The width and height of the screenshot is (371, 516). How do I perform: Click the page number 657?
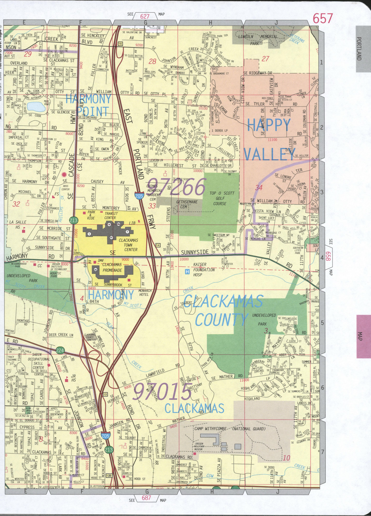point(322,19)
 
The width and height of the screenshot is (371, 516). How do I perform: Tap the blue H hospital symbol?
point(187,271)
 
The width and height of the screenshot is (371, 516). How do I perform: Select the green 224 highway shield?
point(60,350)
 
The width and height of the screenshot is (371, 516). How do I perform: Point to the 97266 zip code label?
point(177,187)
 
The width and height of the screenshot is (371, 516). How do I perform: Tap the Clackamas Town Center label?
point(128,245)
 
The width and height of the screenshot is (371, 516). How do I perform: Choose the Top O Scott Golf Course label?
point(222,198)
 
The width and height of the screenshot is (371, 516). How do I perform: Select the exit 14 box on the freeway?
point(158,245)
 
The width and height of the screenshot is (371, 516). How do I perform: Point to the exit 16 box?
point(120,44)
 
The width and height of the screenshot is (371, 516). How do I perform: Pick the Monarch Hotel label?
point(145,292)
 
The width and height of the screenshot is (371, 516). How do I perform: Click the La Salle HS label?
point(18,224)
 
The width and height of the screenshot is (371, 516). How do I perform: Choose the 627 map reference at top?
point(145,17)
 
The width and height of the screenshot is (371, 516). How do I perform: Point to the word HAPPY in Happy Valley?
point(269,126)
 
